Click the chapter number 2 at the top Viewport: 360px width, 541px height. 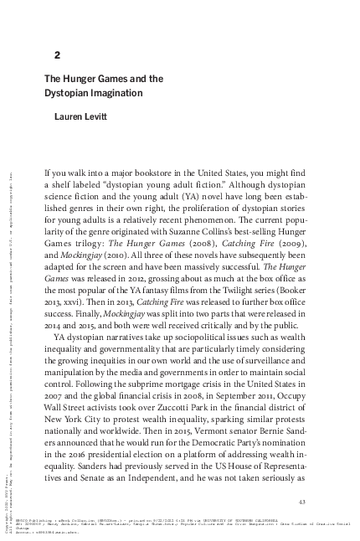[57, 56]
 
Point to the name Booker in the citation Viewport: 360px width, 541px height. [297, 276]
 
